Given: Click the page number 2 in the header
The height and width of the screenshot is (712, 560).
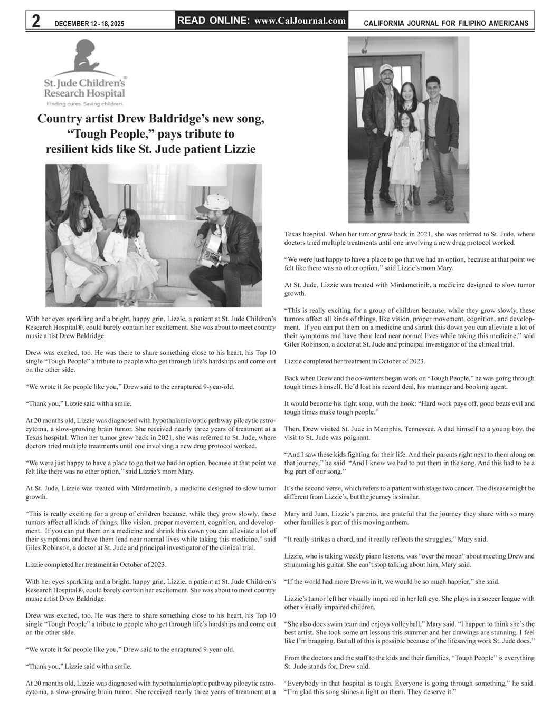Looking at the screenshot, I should click(36, 22).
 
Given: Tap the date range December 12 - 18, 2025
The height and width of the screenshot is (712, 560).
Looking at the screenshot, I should click(89, 24).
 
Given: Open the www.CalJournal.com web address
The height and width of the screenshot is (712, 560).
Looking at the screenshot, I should click(300, 21).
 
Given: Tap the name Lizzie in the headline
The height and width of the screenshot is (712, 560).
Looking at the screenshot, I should click(240, 149).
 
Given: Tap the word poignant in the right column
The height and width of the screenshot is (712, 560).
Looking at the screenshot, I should click(358, 438).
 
